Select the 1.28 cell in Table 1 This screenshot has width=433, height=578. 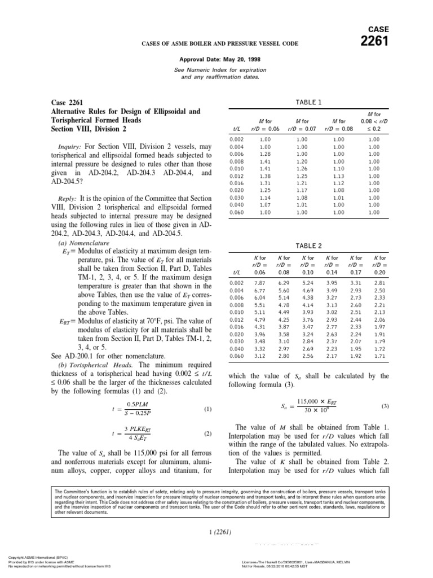(265, 154)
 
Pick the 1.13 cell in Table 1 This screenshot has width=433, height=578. (338, 176)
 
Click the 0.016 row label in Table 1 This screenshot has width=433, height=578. (237, 183)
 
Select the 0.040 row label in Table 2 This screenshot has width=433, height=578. (237, 348)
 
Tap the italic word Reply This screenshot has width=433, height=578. (67, 199)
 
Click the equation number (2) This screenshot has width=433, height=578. (207, 434)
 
